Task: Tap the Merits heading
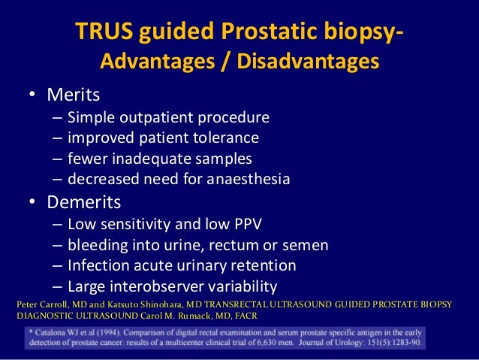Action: (x=74, y=95)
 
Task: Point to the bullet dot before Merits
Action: (x=33, y=96)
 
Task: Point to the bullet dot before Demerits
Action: (x=33, y=203)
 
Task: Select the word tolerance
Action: (x=224, y=138)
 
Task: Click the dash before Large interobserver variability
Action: (x=59, y=286)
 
